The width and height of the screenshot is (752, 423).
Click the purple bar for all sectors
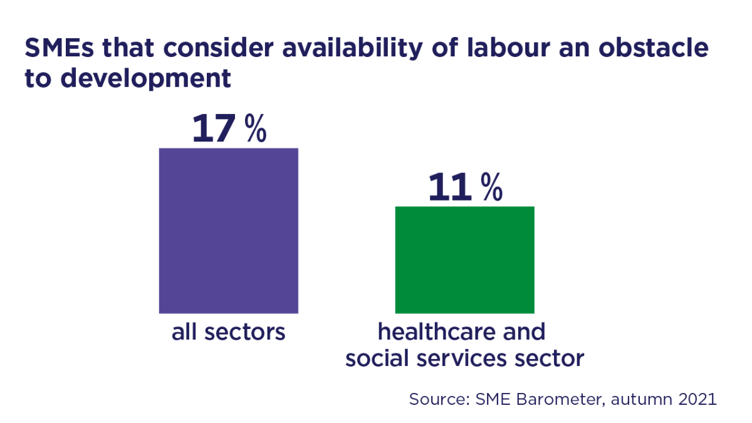pos(228,230)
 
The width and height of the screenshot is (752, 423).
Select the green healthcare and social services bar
pos(464,259)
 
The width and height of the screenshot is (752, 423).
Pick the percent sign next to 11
pos(492,187)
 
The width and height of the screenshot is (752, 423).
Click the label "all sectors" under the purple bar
pos(228,332)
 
